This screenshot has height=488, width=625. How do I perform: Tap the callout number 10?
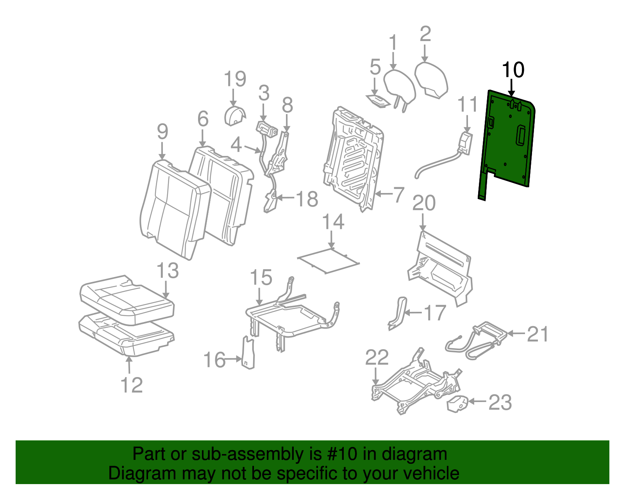click(x=513, y=70)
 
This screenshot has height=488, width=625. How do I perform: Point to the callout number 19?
click(x=235, y=79)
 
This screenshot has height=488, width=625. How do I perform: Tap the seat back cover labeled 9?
click(x=174, y=207)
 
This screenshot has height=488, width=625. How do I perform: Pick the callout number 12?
click(x=132, y=386)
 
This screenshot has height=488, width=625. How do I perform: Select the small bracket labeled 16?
click(x=248, y=354)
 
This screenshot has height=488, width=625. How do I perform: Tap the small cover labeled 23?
click(x=457, y=404)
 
